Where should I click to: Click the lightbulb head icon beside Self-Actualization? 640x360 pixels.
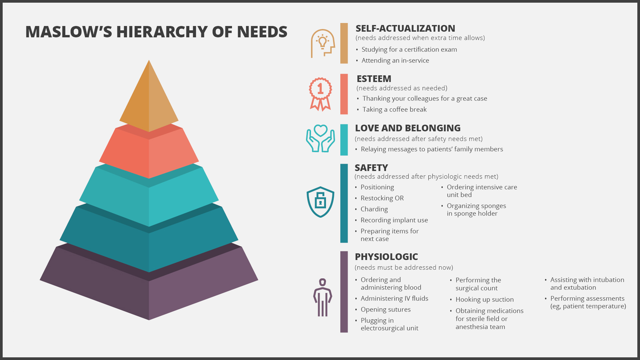click(x=323, y=43)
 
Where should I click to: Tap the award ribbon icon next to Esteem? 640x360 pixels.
click(x=320, y=94)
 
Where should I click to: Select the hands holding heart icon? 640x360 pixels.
click(x=320, y=139)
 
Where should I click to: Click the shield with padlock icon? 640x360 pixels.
click(x=320, y=202)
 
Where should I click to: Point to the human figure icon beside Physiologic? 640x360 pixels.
click(x=322, y=297)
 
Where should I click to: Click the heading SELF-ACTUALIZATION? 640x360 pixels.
click(x=405, y=28)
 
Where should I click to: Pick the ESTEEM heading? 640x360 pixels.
click(x=374, y=79)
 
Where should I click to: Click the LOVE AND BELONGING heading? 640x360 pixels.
click(x=408, y=128)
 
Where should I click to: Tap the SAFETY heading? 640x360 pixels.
click(x=371, y=168)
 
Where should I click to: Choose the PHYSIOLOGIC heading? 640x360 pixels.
click(x=386, y=257)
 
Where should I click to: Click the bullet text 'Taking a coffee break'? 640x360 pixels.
click(x=395, y=109)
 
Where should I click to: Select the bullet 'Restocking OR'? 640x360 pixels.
click(x=382, y=198)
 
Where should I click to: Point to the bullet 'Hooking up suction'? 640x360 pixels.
click(x=485, y=299)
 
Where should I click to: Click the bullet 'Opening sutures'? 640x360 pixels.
click(x=386, y=309)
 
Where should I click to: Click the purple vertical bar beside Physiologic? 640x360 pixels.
click(x=344, y=292)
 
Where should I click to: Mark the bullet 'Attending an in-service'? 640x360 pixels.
click(x=395, y=60)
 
